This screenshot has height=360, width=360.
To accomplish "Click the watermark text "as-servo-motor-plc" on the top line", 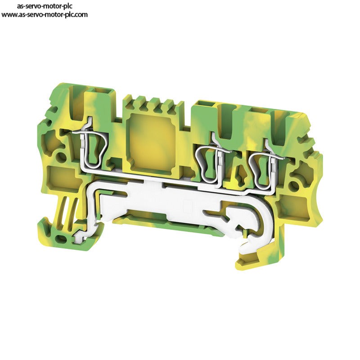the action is click(45, 6).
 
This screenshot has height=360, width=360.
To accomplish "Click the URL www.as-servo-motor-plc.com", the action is click(45, 14).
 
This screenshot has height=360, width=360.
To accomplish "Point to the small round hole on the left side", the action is click(60, 156).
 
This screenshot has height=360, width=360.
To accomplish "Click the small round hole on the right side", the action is click(294, 185).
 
